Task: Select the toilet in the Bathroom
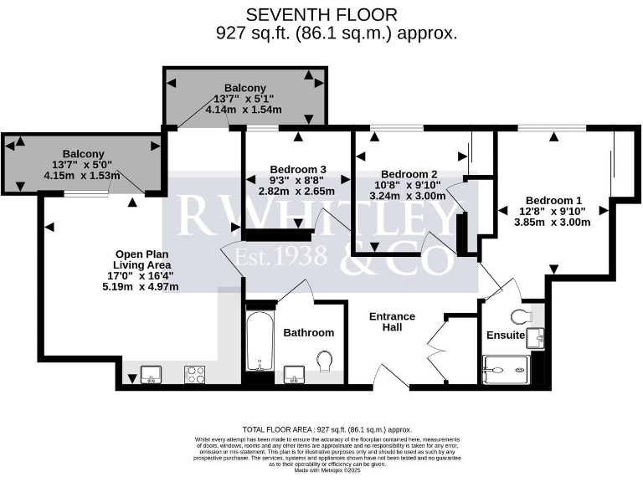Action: [x=326, y=361]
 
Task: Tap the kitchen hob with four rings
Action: [x=195, y=374]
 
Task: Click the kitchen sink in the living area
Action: [x=151, y=374]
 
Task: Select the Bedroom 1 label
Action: [x=553, y=200]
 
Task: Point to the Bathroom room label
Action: [x=308, y=332]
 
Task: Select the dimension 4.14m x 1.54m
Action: [x=244, y=110]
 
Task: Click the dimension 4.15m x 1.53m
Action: [x=80, y=176]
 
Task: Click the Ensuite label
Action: [x=506, y=336]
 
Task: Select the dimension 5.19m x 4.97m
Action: [x=140, y=287]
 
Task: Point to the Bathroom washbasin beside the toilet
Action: [x=294, y=372]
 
